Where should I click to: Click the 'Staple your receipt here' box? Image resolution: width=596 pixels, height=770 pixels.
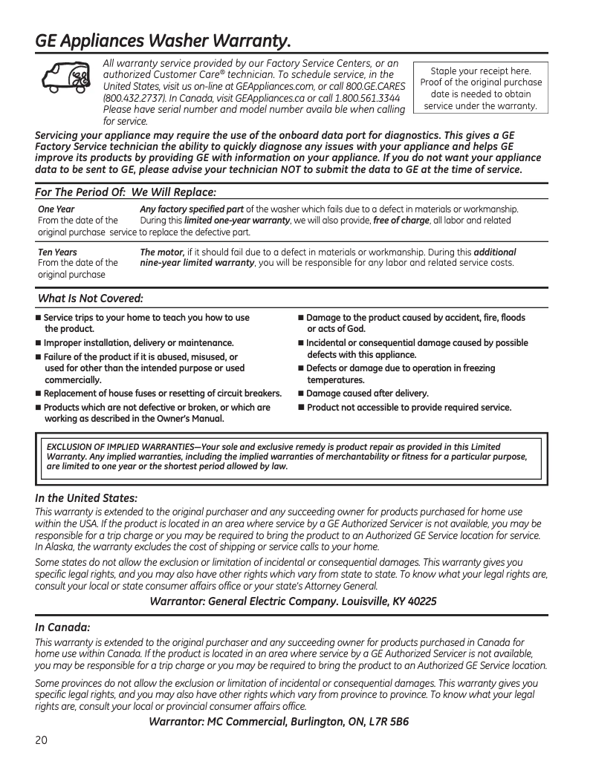tap(481, 88)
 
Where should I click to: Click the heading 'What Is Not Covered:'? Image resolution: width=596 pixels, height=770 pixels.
tap(90, 298)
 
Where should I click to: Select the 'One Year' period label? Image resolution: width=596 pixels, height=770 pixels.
tap(56, 209)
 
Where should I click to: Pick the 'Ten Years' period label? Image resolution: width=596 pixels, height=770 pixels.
tap(57, 252)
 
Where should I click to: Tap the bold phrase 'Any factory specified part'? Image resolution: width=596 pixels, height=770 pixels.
tap(192, 209)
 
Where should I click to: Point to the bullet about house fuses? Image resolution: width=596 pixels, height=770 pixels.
tap(162, 394)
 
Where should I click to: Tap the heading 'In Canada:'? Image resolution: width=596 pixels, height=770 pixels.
tap(62, 627)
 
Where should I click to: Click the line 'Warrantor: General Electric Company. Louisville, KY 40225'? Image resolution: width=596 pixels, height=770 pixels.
tap(293, 601)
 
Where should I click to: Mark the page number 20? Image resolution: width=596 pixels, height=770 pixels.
tap(42, 740)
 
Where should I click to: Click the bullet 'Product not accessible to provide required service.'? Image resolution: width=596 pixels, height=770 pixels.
tap(409, 408)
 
